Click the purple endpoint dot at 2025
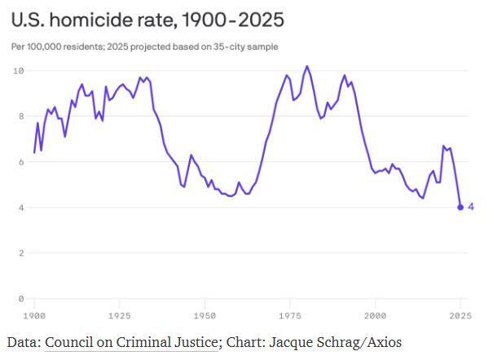click(x=460, y=207)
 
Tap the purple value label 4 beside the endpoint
click(x=472, y=207)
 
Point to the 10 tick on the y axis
click(x=17, y=71)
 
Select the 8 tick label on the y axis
click(x=20, y=116)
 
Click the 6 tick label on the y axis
click(x=20, y=162)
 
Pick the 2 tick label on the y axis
click(x=20, y=253)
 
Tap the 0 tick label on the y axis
click(x=20, y=299)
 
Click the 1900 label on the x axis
click(x=34, y=314)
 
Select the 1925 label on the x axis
click(x=120, y=314)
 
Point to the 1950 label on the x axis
click(x=205, y=314)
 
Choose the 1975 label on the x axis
click(x=290, y=314)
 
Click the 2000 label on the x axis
click(x=375, y=314)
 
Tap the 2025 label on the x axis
click(x=460, y=314)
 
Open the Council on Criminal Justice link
click(x=131, y=342)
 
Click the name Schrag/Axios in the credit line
click(x=359, y=342)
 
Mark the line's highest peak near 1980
click(x=307, y=66)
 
